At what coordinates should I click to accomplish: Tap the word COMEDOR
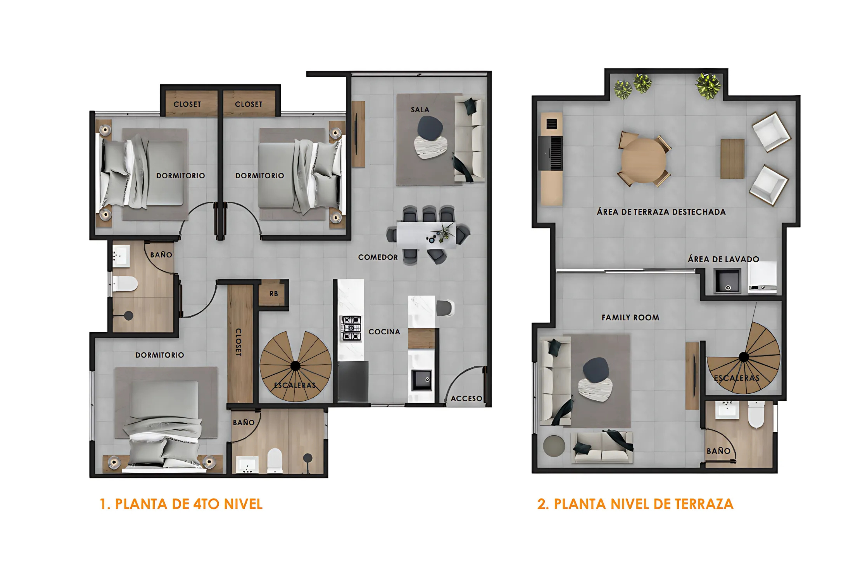pos(378,257)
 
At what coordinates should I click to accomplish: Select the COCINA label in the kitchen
pos(384,332)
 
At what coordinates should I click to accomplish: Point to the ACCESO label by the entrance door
pos(466,399)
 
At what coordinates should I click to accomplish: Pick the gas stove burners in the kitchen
pos(351,328)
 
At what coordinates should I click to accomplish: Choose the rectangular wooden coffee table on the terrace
pos(732,159)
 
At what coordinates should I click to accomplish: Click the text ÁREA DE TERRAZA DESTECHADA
pos(661,212)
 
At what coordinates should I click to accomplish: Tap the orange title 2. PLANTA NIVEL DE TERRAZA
pos(635,504)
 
